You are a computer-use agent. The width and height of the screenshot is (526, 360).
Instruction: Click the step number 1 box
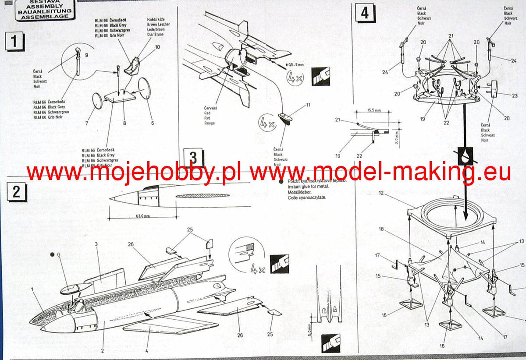(14, 42)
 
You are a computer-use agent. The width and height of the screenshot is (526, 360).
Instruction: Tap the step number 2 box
(16, 192)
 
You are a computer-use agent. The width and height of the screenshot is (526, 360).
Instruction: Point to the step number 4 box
(365, 13)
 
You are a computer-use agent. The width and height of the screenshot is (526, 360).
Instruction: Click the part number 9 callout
(86, 55)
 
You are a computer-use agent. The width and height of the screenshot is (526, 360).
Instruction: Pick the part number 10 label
(157, 47)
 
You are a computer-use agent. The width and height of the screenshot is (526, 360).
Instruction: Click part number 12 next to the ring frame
(381, 193)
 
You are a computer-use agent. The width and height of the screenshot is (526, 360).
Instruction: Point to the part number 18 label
(382, 229)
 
